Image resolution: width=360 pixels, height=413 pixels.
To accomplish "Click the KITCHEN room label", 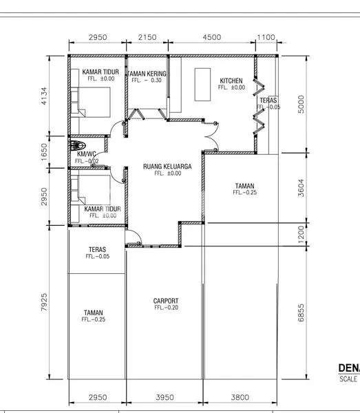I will (x=231, y=81).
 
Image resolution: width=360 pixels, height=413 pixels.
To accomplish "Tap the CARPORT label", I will (x=166, y=301).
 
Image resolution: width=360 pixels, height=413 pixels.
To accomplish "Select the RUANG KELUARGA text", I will (x=167, y=167).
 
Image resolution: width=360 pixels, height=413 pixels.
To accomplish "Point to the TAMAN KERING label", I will (x=147, y=74).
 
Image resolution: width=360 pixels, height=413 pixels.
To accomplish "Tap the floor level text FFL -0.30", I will (x=147, y=81).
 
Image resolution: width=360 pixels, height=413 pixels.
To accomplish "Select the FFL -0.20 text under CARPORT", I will (x=166, y=308).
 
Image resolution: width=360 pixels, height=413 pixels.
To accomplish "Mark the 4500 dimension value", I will (x=212, y=37).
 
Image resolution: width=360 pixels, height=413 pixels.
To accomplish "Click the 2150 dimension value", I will (x=147, y=37).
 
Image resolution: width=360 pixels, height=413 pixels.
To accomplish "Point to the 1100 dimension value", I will (x=266, y=37).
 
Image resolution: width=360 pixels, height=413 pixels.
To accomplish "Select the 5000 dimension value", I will (x=301, y=104).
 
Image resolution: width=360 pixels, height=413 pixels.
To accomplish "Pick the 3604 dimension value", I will (x=301, y=189).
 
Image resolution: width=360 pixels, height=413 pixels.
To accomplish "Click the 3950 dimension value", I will (x=165, y=397).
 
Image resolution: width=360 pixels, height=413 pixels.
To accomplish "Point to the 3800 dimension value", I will (x=240, y=397).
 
